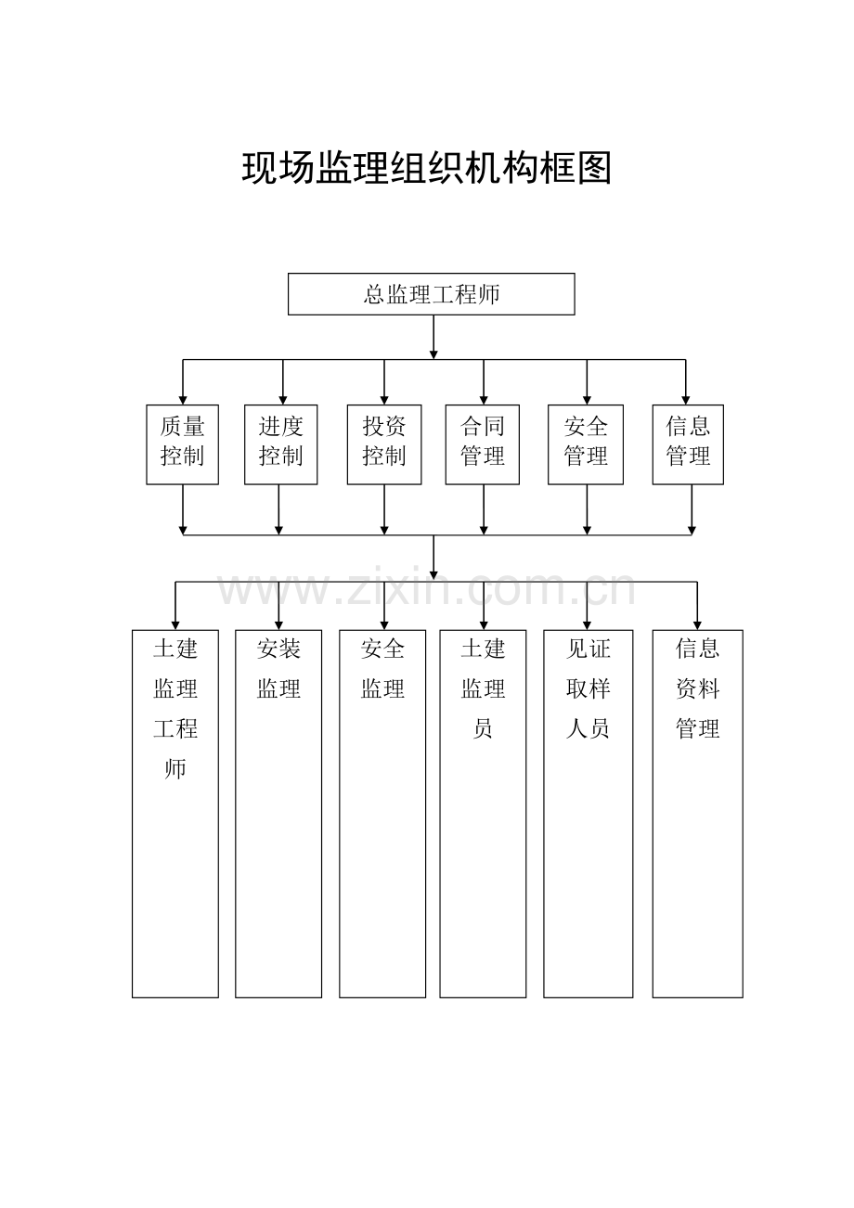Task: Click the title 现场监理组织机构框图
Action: click(427, 169)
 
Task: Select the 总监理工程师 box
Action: click(431, 294)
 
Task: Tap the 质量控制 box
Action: click(182, 443)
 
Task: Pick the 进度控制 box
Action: click(280, 443)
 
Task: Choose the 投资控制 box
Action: click(384, 443)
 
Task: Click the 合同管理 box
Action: click(482, 443)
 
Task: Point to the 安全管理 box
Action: click(586, 443)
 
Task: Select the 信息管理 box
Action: click(688, 443)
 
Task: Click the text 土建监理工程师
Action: click(175, 708)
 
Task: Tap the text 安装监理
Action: click(278, 669)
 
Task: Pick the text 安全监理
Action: click(382, 669)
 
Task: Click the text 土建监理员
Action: click(483, 688)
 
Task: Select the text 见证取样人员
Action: click(589, 688)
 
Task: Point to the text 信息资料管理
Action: click(697, 688)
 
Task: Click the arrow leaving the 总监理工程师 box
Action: click(433, 337)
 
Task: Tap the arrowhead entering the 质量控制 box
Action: click(183, 399)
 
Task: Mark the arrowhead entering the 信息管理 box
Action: click(686, 399)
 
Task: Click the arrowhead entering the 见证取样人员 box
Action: click(587, 624)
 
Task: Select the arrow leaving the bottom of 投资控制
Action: click(384, 509)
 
